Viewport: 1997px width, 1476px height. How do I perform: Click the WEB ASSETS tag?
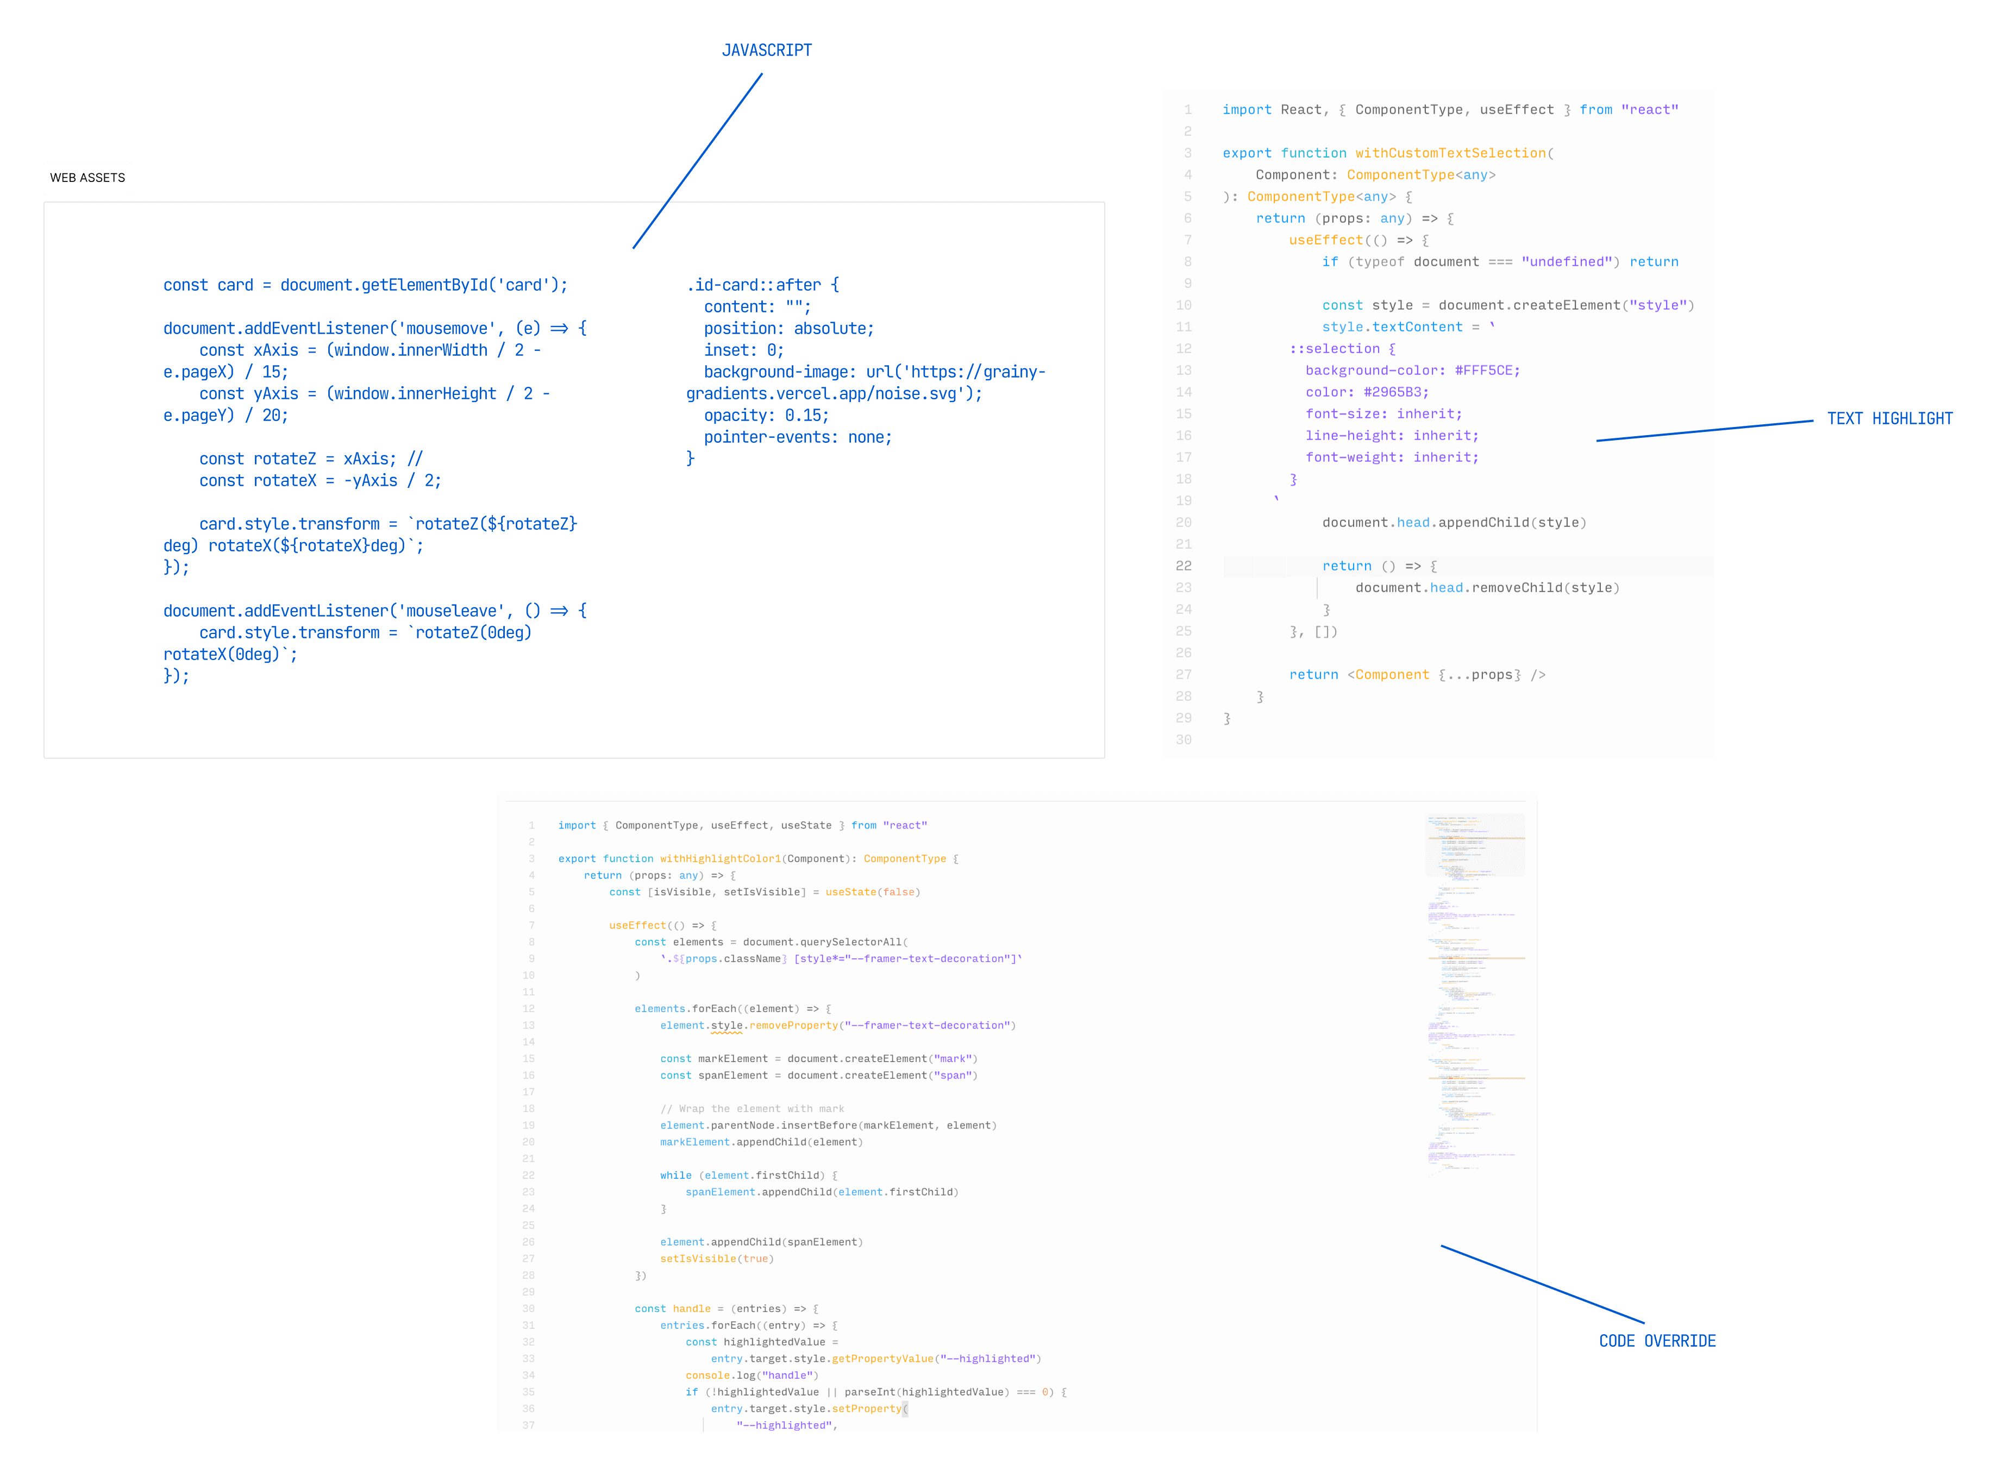[x=87, y=178]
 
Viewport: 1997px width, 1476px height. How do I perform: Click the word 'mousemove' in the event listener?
[x=447, y=329]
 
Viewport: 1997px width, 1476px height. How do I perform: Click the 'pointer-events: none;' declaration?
[x=797, y=437]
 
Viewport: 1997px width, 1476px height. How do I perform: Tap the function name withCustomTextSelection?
[x=1450, y=153]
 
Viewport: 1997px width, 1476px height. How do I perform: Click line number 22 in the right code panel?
[x=1184, y=566]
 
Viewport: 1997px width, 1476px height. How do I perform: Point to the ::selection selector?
[x=1335, y=348]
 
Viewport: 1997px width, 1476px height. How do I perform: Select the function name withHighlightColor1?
[x=720, y=859]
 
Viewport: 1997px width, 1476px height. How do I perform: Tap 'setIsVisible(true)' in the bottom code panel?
[x=717, y=1259]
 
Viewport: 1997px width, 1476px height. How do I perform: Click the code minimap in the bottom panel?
[x=1474, y=992]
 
